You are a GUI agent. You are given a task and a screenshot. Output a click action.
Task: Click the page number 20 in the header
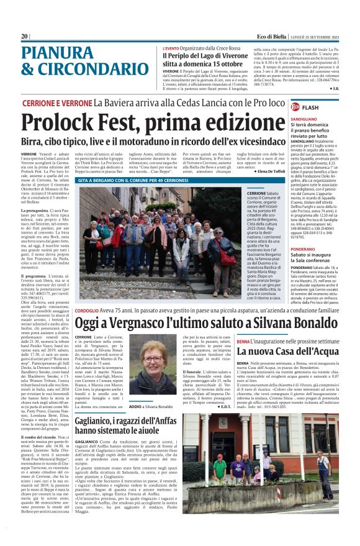click(x=25, y=37)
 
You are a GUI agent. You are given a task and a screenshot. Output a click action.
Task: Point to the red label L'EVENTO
click(x=171, y=48)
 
